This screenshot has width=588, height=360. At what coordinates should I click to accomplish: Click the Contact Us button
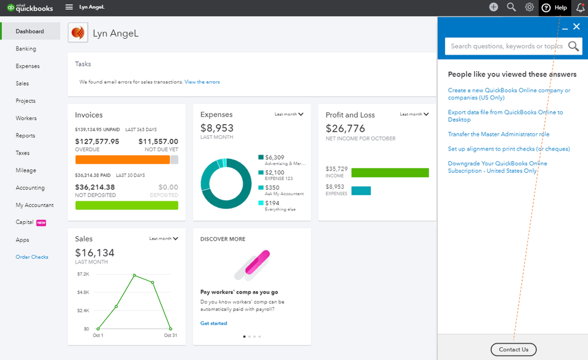513,349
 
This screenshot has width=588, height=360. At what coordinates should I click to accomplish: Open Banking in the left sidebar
26,49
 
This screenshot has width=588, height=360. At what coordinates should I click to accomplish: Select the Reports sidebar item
25,136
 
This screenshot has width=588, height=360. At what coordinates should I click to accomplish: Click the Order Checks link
32,257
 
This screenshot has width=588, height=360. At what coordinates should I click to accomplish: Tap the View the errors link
202,82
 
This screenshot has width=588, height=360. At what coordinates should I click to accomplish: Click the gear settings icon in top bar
529,7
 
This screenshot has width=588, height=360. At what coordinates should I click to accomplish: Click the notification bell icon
580,8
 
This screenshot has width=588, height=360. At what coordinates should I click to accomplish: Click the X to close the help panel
576,26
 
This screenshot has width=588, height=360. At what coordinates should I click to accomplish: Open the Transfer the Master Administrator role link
499,134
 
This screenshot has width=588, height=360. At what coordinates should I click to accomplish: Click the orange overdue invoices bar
122,159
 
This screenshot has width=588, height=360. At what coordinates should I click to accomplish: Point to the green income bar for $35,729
390,172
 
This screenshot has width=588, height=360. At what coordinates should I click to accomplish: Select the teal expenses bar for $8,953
361,191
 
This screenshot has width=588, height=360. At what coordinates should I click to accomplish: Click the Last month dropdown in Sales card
164,239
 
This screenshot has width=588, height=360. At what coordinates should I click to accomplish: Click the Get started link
214,324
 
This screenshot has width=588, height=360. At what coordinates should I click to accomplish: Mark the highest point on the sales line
134,275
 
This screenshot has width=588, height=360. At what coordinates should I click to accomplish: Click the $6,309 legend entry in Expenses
281,160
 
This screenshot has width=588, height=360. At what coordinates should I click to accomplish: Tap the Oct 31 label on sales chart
171,335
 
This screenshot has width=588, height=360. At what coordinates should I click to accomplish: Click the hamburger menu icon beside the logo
69,7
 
